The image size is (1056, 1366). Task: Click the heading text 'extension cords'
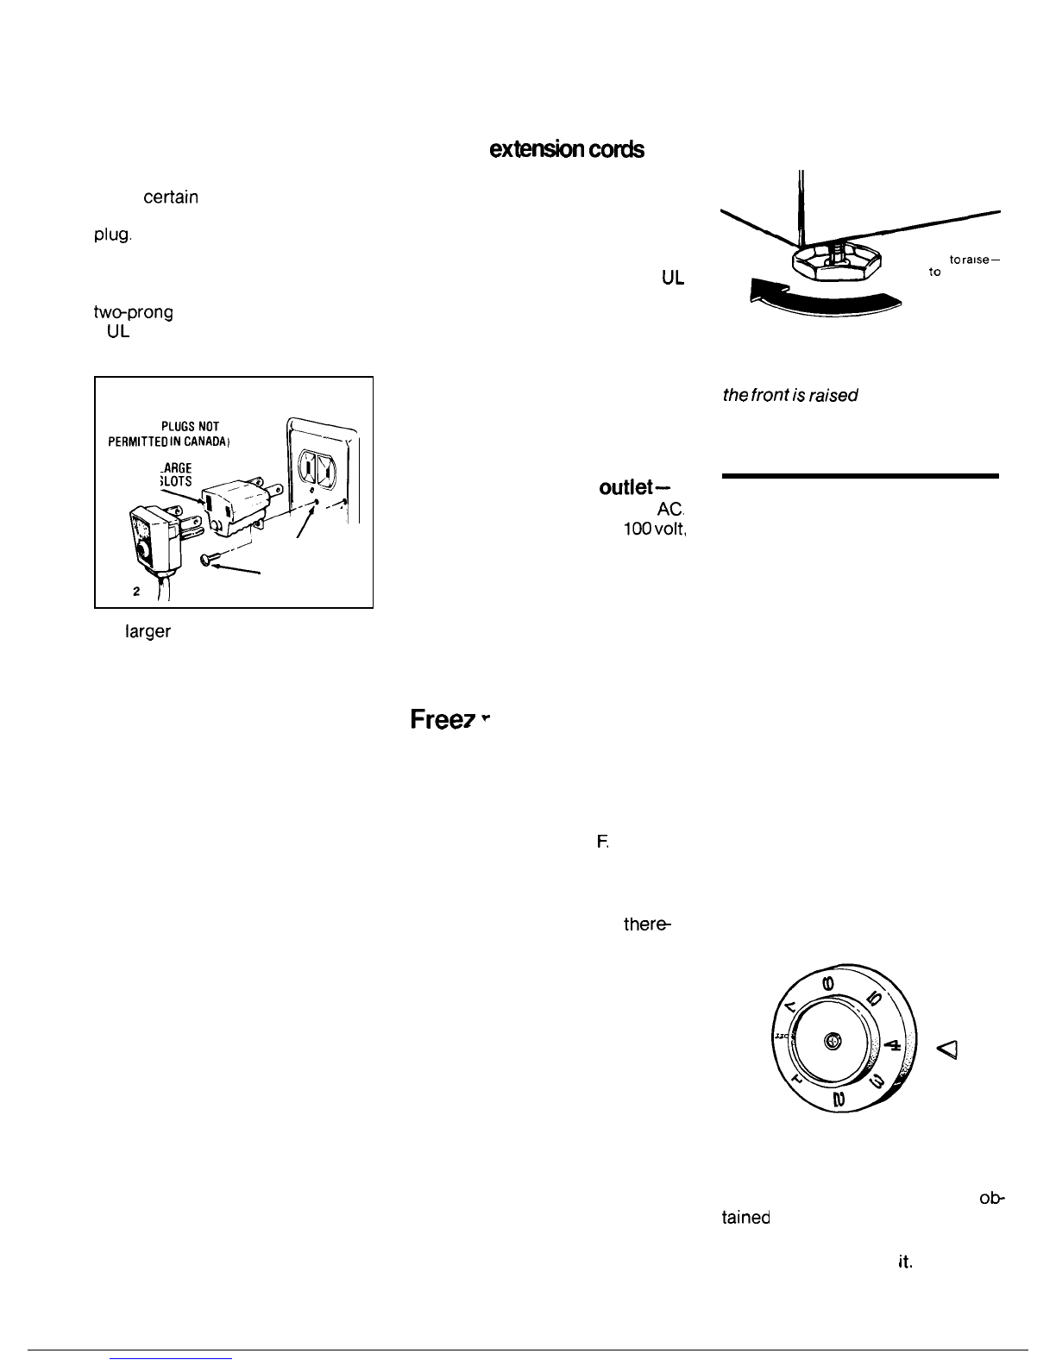pos(566,149)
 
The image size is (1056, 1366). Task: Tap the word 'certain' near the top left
pos(171,197)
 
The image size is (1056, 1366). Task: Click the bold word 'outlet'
pos(629,487)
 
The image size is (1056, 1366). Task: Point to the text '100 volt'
pos(654,529)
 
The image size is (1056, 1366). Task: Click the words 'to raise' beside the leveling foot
pos(973,259)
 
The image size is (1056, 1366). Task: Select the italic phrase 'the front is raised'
pos(790,395)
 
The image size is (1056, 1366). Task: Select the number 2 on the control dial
pos(839,1099)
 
